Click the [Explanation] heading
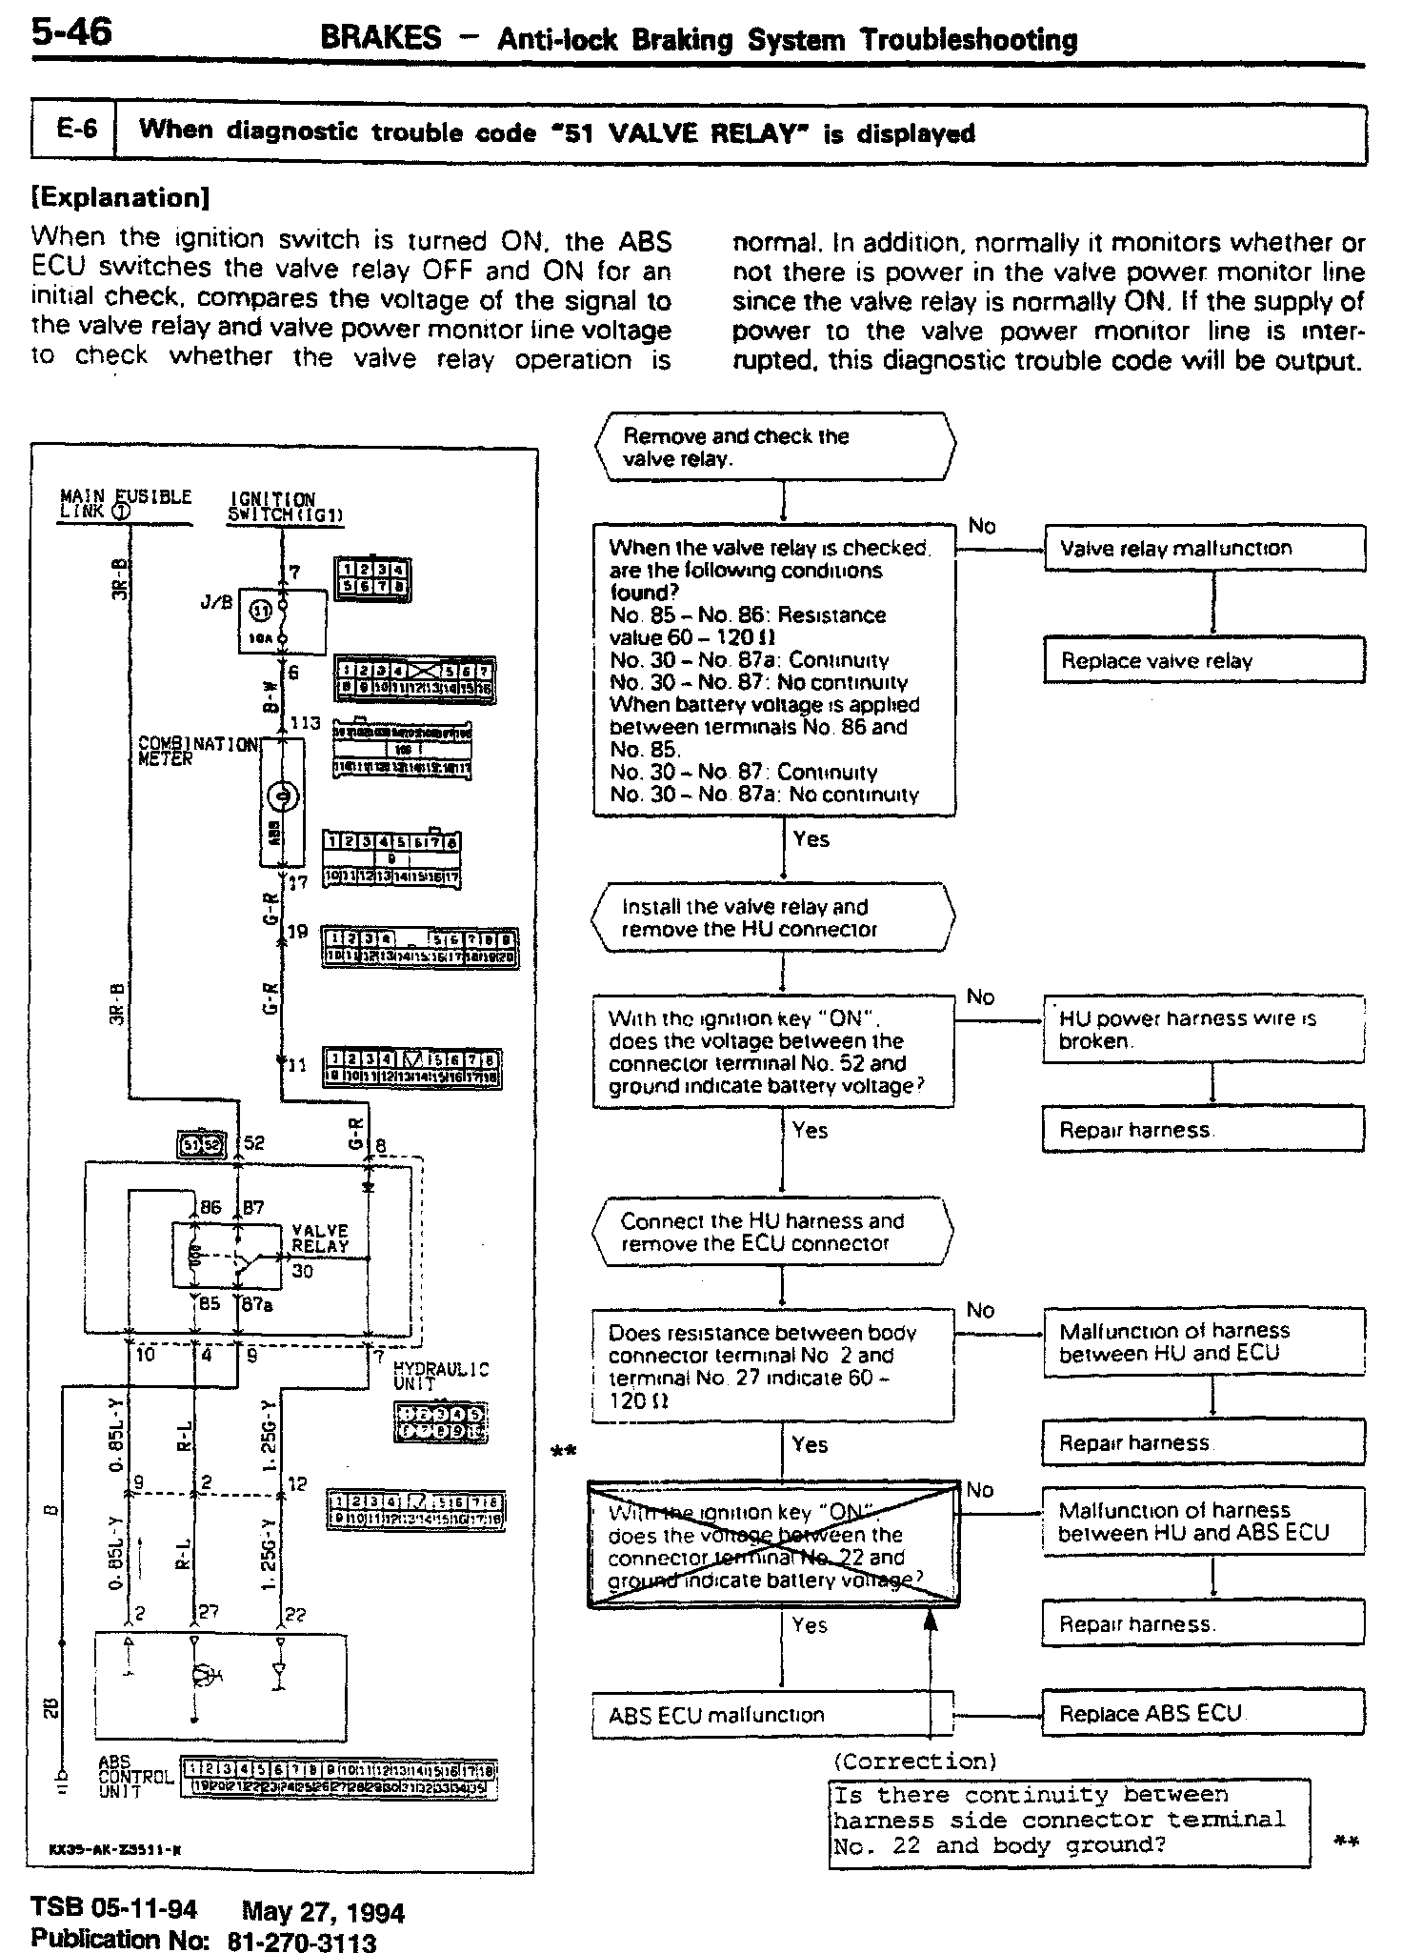click(x=120, y=198)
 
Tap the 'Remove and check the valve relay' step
click(x=774, y=447)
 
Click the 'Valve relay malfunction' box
click(x=1204, y=548)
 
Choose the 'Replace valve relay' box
click(x=1204, y=660)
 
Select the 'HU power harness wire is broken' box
click(x=1204, y=1030)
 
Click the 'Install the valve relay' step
click(x=772, y=917)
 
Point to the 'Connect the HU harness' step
click(x=772, y=1232)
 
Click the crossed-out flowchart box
click(x=773, y=1544)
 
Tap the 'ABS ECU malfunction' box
click(x=772, y=1715)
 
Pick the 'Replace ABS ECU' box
click(x=1204, y=1713)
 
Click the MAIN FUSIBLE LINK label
click(x=125, y=502)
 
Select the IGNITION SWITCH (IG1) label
click(x=285, y=507)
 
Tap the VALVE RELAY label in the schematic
click(x=319, y=1238)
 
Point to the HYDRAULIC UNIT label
click(x=441, y=1375)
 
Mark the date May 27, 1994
click(x=323, y=1912)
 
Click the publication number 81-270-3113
click(x=302, y=1941)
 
